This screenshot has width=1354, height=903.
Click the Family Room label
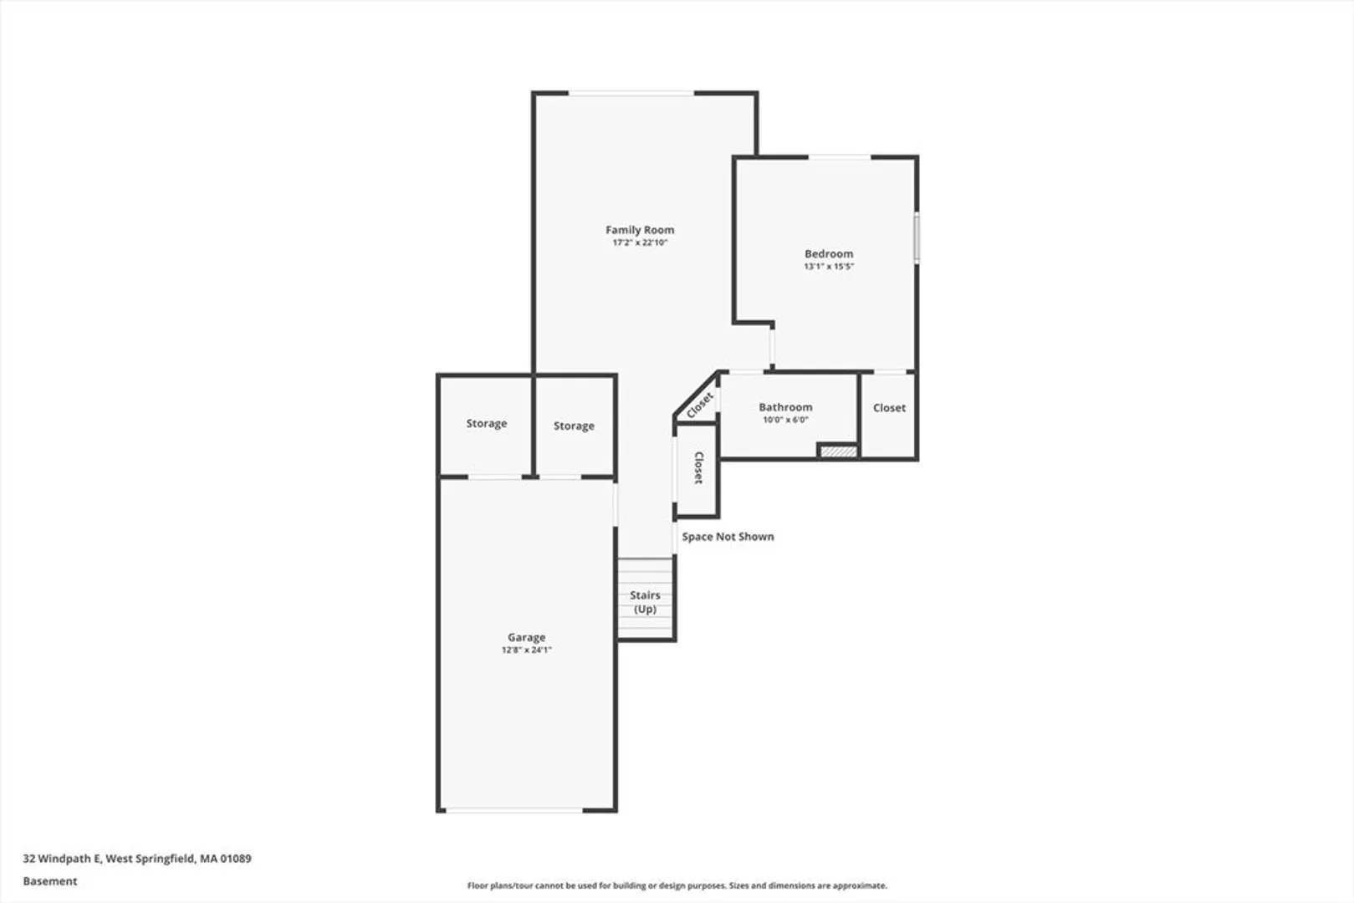click(x=640, y=230)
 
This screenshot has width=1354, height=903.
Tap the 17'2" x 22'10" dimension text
click(x=640, y=242)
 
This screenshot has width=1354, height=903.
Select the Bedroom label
click(x=829, y=254)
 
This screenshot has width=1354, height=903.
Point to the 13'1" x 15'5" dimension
click(x=829, y=266)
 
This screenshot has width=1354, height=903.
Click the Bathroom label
click(x=785, y=407)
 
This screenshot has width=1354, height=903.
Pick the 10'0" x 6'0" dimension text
click(x=785, y=420)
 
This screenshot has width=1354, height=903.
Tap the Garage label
click(x=526, y=637)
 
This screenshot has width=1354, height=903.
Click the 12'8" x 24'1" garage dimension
click(x=526, y=650)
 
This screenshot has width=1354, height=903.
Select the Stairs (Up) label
click(x=645, y=602)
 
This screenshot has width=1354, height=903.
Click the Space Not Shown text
click(x=728, y=537)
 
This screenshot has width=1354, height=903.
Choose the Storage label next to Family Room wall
click(x=574, y=426)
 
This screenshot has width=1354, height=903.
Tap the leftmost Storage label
click(x=487, y=424)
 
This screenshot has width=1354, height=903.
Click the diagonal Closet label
click(x=701, y=405)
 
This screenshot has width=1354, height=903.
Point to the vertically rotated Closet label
click(x=698, y=467)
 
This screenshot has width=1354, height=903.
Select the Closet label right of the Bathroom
click(x=889, y=408)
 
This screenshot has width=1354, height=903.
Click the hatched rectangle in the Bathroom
click(x=838, y=451)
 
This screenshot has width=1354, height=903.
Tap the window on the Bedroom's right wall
click(x=917, y=237)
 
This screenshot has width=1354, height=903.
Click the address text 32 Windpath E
click(x=62, y=859)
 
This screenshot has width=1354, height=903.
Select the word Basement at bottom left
click(x=50, y=881)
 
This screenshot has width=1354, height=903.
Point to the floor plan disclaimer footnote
click(x=677, y=885)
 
